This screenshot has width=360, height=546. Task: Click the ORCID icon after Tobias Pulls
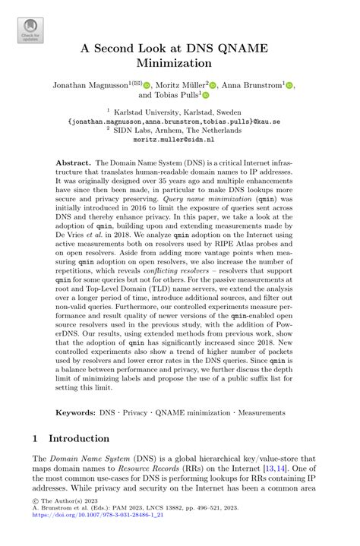tap(204, 96)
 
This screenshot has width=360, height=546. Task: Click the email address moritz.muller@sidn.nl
tap(180, 140)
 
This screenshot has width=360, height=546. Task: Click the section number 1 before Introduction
tap(36, 439)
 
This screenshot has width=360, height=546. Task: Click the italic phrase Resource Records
tap(142, 470)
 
